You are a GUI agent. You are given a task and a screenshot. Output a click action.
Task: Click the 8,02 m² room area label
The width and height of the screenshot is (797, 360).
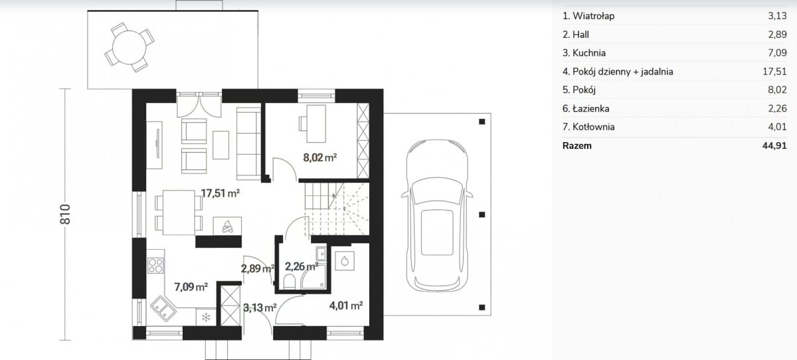point(320,157)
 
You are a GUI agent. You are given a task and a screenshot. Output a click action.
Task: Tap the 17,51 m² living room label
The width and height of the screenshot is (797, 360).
point(221,193)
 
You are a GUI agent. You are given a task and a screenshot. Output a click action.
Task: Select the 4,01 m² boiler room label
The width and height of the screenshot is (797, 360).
point(346,306)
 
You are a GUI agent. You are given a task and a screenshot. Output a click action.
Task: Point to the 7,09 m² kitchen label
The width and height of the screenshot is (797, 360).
point(191,287)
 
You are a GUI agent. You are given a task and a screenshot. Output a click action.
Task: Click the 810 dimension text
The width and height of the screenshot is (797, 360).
point(65,214)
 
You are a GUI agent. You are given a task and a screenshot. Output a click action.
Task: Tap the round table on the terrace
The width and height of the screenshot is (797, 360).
point(129,47)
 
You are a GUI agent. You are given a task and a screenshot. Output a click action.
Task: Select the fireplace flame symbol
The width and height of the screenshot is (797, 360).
point(227,226)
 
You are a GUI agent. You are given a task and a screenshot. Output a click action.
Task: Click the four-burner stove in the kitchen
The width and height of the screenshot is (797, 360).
point(155,266)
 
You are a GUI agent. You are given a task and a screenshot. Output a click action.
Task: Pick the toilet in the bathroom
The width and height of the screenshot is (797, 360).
point(290,282)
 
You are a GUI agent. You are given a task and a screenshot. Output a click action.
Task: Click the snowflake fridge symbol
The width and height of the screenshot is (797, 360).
point(206,317)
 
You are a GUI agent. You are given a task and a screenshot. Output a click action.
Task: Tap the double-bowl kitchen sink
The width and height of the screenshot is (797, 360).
point(163,309)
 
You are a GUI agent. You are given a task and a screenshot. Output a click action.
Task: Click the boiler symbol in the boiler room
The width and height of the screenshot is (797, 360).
point(345,261)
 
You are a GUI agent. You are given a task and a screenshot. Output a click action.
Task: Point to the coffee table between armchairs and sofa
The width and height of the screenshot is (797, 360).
point(221,145)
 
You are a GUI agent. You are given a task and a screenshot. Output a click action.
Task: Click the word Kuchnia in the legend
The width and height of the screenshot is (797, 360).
point(589,53)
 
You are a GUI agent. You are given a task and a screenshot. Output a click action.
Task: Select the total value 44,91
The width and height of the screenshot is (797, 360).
point(774,145)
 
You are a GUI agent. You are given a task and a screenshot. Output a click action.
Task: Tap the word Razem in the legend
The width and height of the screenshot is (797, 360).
point(576,145)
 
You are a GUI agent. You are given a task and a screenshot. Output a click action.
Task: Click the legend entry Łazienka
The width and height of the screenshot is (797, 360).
point(586,108)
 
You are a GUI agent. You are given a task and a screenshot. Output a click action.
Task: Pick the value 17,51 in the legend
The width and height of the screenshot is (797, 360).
point(774,72)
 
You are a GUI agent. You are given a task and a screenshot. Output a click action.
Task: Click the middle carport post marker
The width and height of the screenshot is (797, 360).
point(482,215)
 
